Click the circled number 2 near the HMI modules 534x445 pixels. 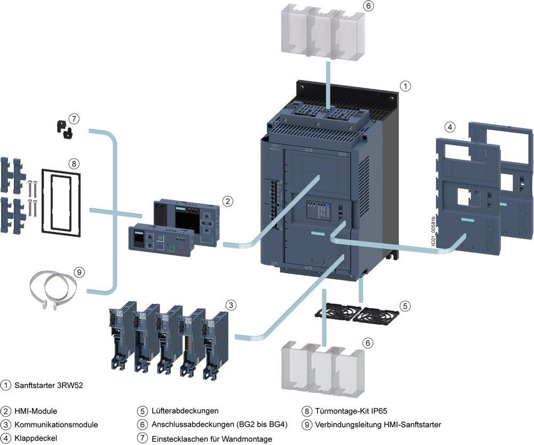tap(227, 201)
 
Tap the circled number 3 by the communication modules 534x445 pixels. tap(230, 305)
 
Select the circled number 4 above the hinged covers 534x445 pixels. tap(451, 127)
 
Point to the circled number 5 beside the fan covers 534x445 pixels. tap(406, 306)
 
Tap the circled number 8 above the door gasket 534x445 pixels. tap(74, 162)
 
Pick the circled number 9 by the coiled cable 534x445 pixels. tap(79, 272)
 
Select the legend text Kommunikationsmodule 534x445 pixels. tap(56, 425)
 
